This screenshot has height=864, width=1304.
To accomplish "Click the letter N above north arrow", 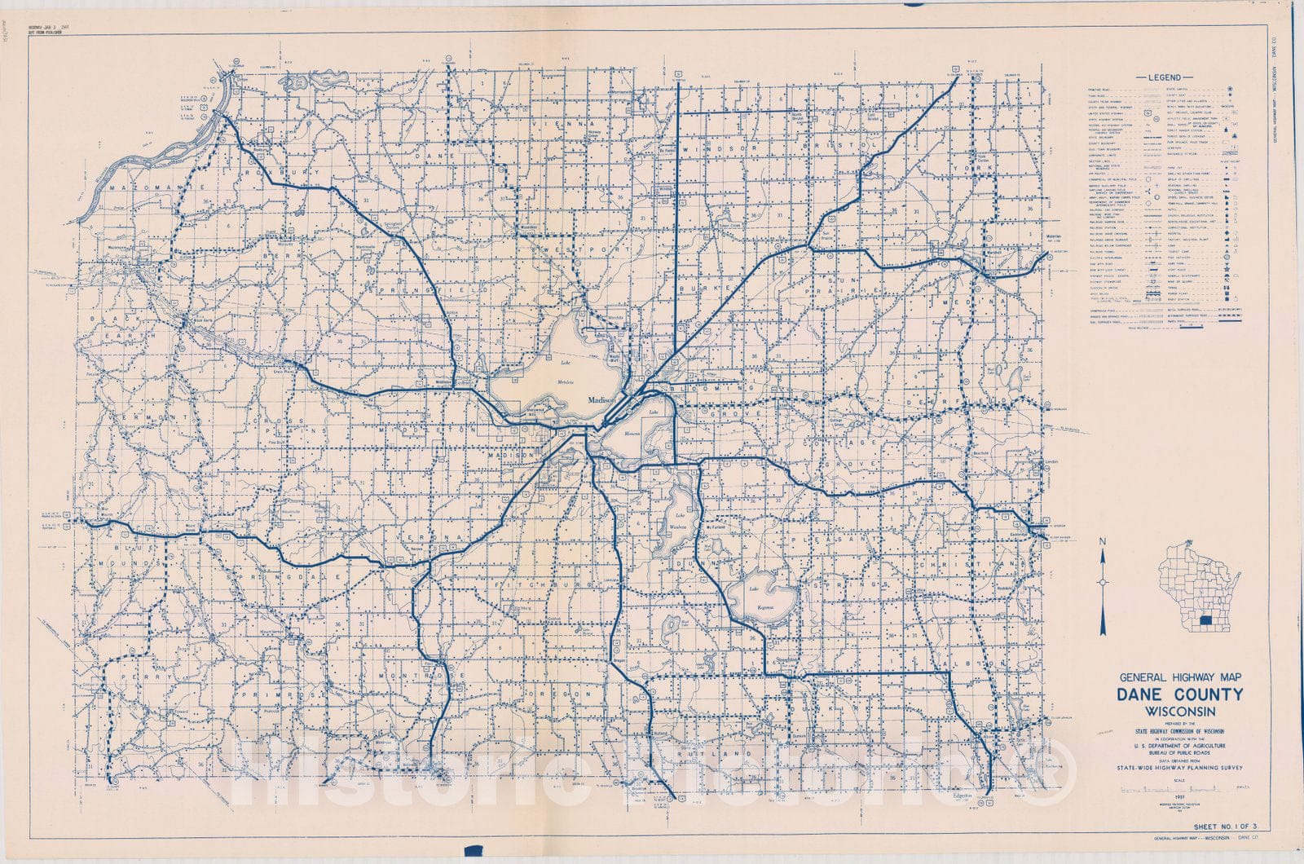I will point(1102,542).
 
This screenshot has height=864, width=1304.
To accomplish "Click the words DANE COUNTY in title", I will point(1180,694).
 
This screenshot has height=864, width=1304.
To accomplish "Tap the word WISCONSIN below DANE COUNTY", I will point(1180,711).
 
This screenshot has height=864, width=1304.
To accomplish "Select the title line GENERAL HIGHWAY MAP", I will point(1180,677).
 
